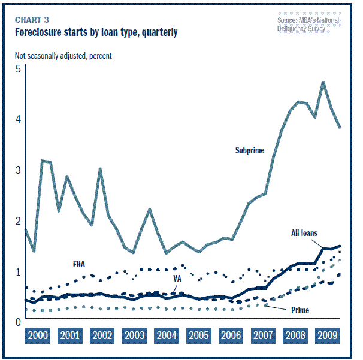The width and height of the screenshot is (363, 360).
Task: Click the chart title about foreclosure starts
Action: point(96,32)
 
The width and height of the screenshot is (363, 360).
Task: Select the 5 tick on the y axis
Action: point(18,68)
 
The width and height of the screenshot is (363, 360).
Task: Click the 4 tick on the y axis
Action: point(18,119)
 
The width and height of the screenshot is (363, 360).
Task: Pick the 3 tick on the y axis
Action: point(18,170)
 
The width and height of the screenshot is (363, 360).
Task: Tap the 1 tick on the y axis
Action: point(18,271)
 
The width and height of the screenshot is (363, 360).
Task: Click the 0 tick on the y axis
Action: point(18,322)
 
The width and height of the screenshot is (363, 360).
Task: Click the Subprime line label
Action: point(250,150)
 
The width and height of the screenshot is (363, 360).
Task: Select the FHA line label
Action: point(80,263)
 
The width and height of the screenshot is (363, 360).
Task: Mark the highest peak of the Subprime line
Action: point(323,82)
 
